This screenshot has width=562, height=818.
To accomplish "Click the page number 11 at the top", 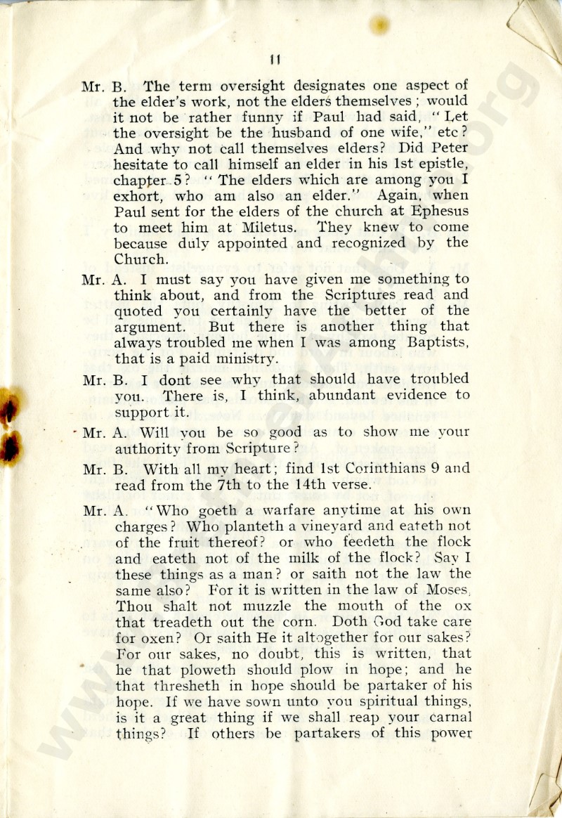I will (275, 59).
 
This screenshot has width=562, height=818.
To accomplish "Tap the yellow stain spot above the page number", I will (379, 25).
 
